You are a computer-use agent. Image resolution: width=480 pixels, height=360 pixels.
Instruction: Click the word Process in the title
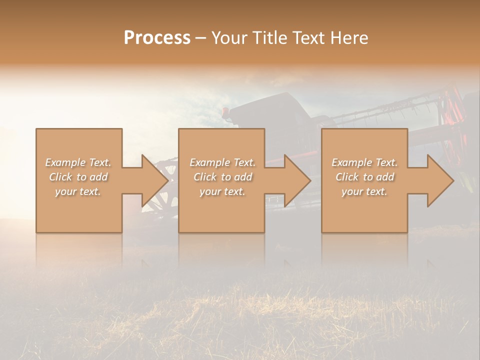pyautogui.click(x=157, y=38)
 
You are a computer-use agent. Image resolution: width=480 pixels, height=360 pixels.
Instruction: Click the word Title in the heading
pyautogui.click(x=269, y=38)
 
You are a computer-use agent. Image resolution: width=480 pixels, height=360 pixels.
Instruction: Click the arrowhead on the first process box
pyautogui.click(x=155, y=180)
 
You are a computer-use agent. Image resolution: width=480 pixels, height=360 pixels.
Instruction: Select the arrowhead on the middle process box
pyautogui.click(x=298, y=180)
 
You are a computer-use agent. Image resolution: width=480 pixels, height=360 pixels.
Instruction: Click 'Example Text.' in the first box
pyautogui.click(x=78, y=162)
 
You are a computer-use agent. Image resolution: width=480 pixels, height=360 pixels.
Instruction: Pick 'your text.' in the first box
pyautogui.click(x=78, y=191)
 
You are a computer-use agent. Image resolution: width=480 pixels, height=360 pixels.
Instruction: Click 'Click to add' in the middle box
pyautogui.click(x=222, y=177)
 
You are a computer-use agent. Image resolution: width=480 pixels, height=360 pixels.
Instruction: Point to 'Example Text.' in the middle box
pyautogui.click(x=222, y=162)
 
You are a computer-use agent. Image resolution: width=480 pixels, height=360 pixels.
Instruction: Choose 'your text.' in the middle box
pyautogui.click(x=222, y=191)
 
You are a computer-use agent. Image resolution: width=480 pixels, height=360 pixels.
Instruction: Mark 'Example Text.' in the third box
pyautogui.click(x=364, y=162)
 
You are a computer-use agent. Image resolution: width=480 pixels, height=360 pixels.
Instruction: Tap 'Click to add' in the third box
pyautogui.click(x=364, y=177)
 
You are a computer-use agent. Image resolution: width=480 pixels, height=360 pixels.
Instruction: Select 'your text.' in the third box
pyautogui.click(x=364, y=191)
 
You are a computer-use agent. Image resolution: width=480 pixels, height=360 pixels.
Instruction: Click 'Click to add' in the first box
pyautogui.click(x=78, y=177)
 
